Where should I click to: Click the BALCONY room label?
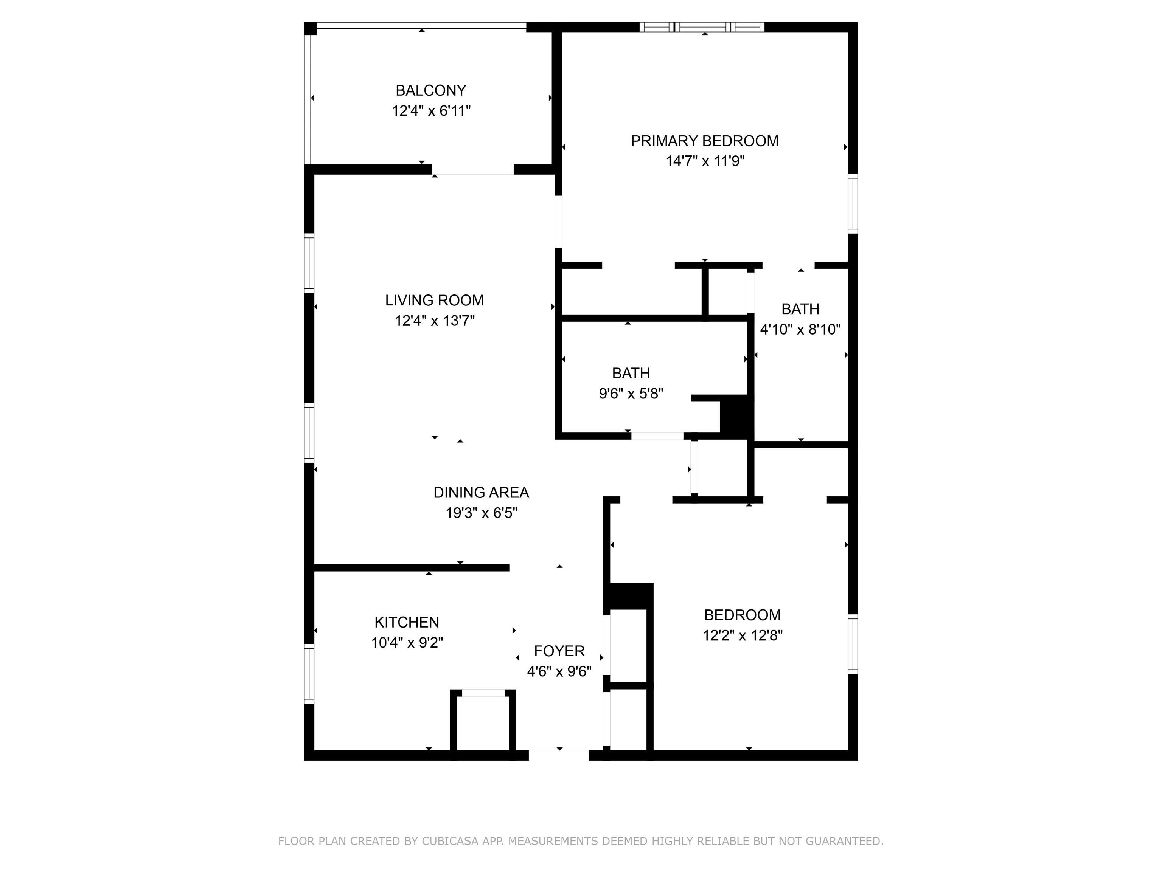pos(431,91)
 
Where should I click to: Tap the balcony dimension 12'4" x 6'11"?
pos(431,111)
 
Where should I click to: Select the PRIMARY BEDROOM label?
pos(704,141)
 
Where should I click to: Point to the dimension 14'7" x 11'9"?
pos(705,161)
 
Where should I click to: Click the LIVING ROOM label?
pos(435,300)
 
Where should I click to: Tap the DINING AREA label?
pos(481,493)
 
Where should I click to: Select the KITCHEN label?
pos(407,622)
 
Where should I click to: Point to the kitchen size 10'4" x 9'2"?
pos(407,643)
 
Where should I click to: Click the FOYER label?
pos(559,651)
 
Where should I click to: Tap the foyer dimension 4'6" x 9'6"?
pos(559,671)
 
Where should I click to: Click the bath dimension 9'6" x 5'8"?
pos(631,393)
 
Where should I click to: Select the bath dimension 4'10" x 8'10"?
pos(801,329)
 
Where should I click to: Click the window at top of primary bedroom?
pos(702,27)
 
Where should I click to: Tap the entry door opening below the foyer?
pos(559,755)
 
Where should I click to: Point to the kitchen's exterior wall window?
pos(309,674)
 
